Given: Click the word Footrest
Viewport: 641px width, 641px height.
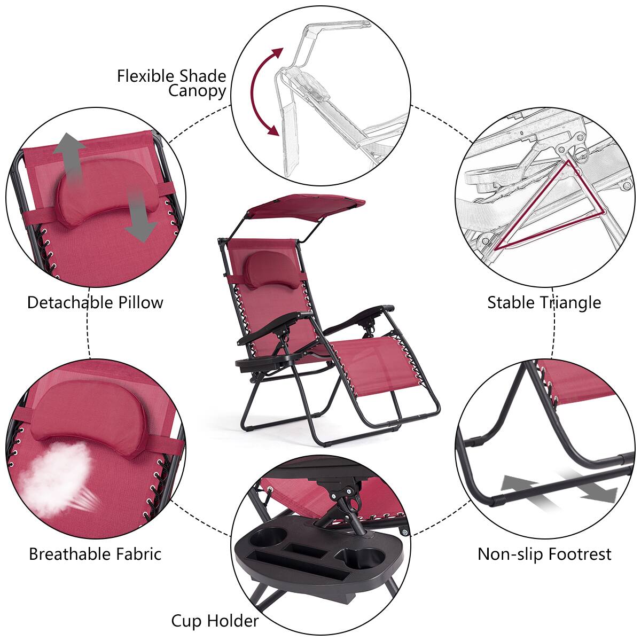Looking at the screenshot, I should click(x=579, y=554).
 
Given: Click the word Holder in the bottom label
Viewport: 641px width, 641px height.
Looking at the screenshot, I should click(x=233, y=621).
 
